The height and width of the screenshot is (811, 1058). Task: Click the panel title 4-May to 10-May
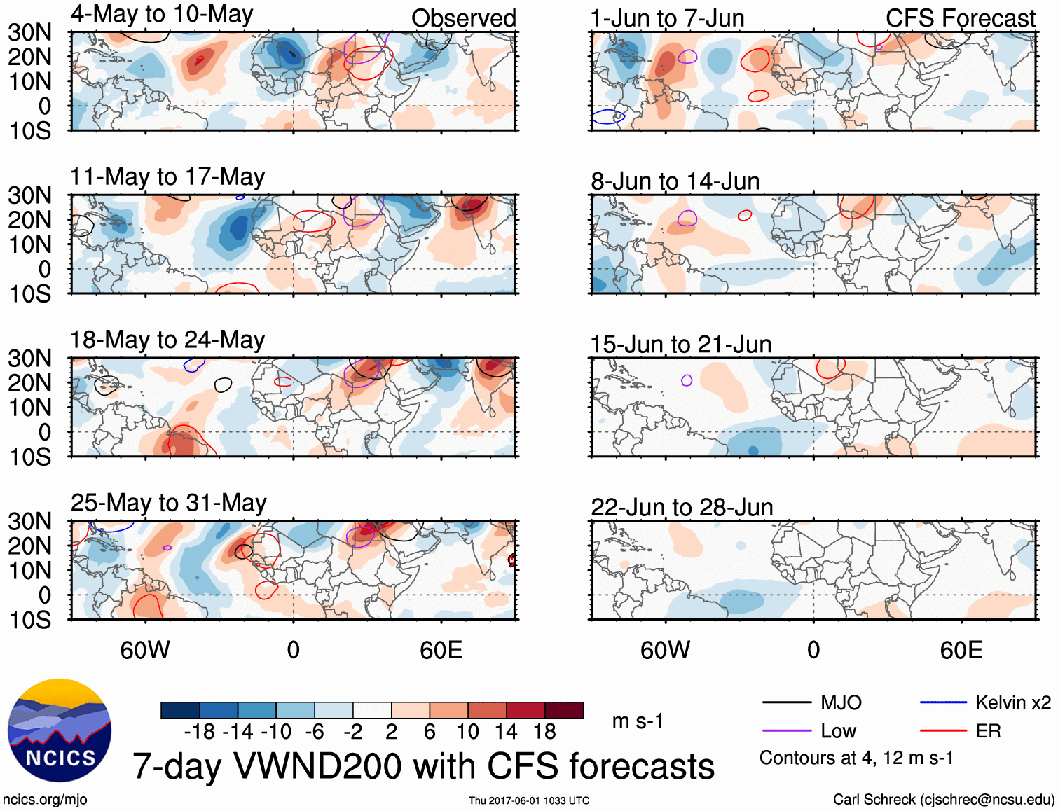click(162, 14)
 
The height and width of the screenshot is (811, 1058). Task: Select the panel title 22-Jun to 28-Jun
click(682, 507)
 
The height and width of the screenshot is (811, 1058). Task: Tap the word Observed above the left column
click(463, 18)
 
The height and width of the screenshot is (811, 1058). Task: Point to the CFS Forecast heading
click(960, 18)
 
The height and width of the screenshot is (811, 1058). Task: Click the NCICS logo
click(60, 730)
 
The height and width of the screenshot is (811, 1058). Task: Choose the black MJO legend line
click(786, 702)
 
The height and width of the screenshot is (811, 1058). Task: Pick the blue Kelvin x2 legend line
click(943, 702)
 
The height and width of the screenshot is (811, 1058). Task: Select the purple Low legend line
click(786, 731)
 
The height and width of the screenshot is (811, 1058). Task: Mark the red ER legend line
click(943, 731)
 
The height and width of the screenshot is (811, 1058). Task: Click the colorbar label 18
click(544, 732)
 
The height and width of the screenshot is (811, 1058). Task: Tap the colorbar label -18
click(200, 732)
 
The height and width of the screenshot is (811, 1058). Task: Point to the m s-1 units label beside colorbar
click(638, 721)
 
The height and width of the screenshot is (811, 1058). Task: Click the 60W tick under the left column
click(145, 650)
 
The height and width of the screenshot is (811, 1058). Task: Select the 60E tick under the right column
click(961, 650)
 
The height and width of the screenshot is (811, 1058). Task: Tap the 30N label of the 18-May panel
click(29, 359)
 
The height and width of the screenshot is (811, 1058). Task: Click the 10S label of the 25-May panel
click(29, 620)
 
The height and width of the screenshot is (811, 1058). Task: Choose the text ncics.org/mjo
click(45, 800)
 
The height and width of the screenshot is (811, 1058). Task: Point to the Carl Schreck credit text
click(943, 800)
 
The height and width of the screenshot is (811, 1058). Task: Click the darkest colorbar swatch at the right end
click(564, 710)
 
